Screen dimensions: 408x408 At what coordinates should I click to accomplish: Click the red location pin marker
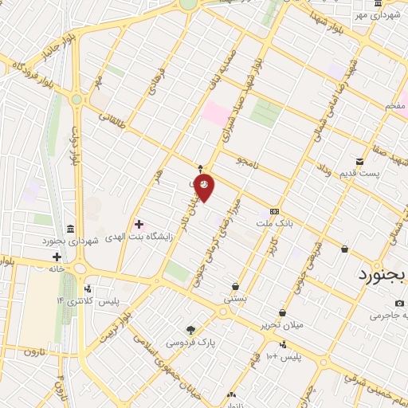point(204,186)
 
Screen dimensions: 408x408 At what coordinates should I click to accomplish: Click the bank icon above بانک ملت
point(275,211)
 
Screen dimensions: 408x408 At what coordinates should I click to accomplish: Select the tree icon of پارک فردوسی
point(190,330)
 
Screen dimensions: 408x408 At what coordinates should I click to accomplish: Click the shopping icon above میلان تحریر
point(282,313)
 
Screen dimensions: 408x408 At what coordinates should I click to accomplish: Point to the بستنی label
point(234,300)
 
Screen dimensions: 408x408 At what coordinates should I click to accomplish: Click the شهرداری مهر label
point(377,15)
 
